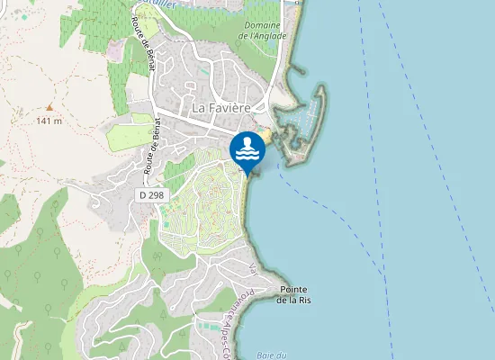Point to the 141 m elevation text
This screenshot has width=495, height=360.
(49, 120)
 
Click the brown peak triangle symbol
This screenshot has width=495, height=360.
(49, 107)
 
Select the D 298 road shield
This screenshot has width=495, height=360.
(153, 194)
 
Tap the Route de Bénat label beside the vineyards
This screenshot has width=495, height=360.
(141, 43)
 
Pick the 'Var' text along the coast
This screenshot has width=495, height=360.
(253, 269)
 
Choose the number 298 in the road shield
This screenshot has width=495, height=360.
(157, 194)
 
